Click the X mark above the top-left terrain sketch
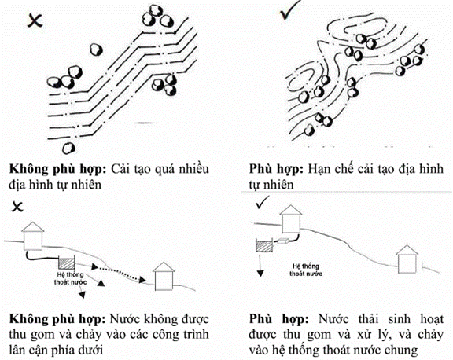pos(35,20)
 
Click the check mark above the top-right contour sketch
pos(289,11)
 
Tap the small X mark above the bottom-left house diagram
pos(17,207)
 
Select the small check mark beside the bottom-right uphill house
pos(263,202)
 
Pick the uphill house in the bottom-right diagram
pos(291,219)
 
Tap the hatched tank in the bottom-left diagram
pos(66,263)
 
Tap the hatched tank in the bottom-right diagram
pos(264,245)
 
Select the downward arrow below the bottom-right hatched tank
pos(260,265)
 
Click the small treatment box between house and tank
pos(283,241)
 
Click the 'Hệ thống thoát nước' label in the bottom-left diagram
pos(70,278)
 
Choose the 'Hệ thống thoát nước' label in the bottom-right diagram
pos(306,270)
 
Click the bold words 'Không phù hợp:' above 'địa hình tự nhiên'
pos(58,169)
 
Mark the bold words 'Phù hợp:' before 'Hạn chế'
pos(276,169)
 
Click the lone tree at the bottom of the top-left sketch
pos(68,149)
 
